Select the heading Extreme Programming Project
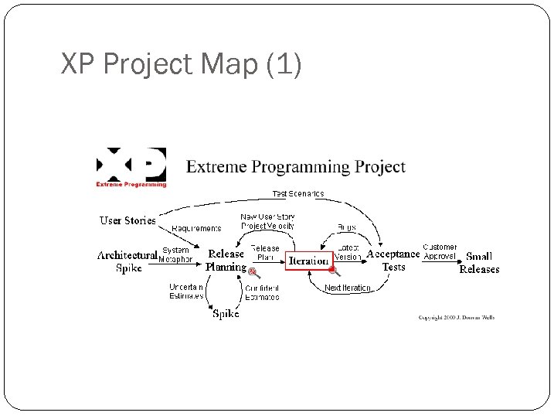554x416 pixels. click(x=296, y=166)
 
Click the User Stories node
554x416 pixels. click(x=127, y=220)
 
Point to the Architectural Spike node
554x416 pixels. click(x=127, y=261)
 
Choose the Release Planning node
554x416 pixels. click(x=226, y=260)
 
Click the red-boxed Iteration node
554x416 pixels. click(x=308, y=261)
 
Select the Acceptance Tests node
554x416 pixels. click(x=393, y=260)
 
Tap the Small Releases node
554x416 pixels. click(x=479, y=263)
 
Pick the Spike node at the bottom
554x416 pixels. click(x=226, y=313)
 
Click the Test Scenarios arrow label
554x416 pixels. click(x=298, y=193)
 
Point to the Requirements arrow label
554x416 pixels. click(x=196, y=228)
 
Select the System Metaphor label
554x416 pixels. click(x=175, y=254)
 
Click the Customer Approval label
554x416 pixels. click(x=440, y=252)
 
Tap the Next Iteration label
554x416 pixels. click(x=347, y=288)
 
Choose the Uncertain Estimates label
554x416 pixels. click(x=187, y=291)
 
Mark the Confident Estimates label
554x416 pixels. click(x=262, y=292)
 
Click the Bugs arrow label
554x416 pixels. click(x=346, y=227)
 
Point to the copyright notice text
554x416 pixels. click(x=456, y=317)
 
